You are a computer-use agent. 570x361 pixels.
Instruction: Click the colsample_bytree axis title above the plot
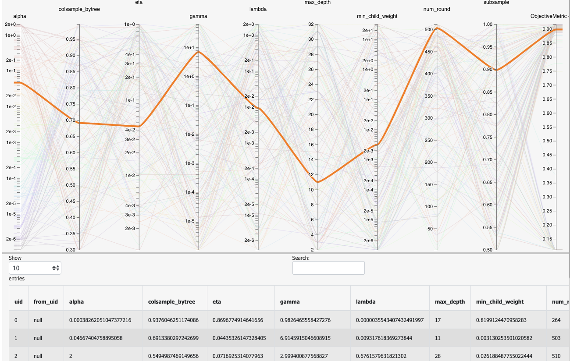click(x=79, y=9)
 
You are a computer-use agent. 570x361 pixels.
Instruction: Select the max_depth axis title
click(x=317, y=3)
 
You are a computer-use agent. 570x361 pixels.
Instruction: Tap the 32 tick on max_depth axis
click(x=310, y=25)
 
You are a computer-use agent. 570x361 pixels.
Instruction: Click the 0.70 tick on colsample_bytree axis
click(x=70, y=120)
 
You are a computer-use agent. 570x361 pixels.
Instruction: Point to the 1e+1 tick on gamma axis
click(x=189, y=47)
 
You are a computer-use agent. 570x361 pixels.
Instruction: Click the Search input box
click(x=328, y=268)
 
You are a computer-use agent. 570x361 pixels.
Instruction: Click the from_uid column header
click(x=46, y=301)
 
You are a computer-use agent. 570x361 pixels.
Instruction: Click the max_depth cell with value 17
click(x=438, y=320)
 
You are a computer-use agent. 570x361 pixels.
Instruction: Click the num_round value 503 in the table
click(x=556, y=338)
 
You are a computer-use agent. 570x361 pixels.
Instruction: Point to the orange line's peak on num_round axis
click(x=437, y=28)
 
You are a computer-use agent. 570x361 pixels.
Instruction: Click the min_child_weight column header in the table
click(x=499, y=301)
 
